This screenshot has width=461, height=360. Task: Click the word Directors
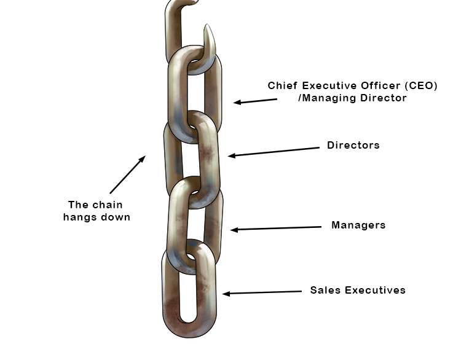[353, 146]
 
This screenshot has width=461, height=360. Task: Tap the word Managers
[358, 225]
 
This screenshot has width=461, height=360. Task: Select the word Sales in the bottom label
[324, 291]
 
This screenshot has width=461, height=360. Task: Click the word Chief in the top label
[282, 86]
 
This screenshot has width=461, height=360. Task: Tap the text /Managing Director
[352, 98]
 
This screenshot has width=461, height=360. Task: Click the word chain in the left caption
[108, 205]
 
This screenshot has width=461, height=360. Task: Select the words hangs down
[97, 217]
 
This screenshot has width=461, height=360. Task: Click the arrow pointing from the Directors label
[274, 152]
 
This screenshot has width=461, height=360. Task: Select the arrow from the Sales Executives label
[262, 292]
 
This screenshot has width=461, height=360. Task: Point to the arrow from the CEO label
[255, 101]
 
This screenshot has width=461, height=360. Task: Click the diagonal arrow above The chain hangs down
[127, 175]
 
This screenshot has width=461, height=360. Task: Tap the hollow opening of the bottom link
[189, 289]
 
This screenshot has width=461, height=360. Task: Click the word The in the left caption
[78, 205]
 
